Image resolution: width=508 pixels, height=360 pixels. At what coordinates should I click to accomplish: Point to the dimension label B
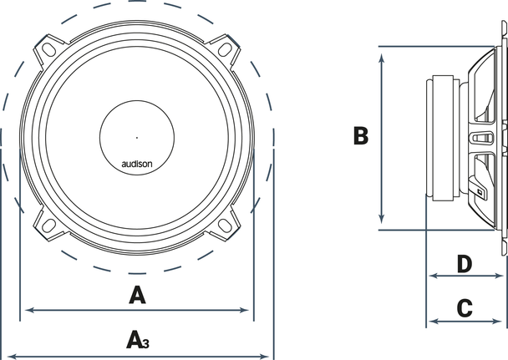point(360,136)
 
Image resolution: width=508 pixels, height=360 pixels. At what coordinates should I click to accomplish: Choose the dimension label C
point(466,307)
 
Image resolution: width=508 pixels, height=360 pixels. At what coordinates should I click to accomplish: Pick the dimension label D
point(466,265)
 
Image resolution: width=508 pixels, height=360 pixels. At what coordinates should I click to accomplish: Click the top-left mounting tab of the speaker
point(49,50)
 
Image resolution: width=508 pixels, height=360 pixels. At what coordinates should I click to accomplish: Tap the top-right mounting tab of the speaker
point(225,50)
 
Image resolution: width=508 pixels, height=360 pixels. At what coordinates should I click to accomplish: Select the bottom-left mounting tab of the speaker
point(49,224)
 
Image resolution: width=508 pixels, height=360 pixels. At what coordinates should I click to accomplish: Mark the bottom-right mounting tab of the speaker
point(225,224)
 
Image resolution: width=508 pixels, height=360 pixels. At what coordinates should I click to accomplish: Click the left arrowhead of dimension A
point(30,310)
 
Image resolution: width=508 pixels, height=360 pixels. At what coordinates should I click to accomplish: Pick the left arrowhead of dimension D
point(431,276)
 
